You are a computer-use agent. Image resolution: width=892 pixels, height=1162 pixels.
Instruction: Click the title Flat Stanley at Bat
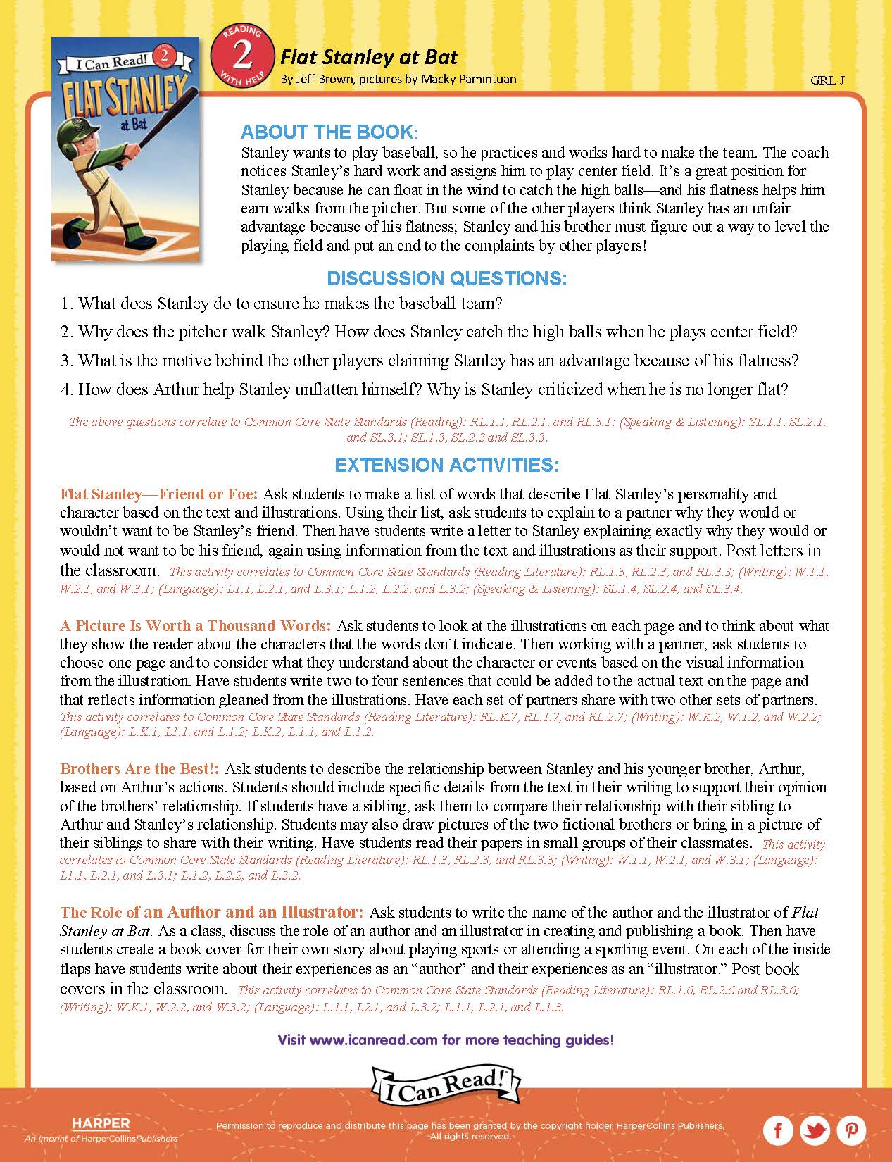[x=369, y=57]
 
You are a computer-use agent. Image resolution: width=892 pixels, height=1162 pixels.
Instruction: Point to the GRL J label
[x=827, y=80]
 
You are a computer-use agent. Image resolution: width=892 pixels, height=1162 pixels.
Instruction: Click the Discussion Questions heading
[x=446, y=279]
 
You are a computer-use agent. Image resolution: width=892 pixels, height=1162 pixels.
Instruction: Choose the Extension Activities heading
[x=446, y=466]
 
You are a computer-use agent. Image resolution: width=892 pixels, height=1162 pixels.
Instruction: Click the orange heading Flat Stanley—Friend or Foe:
[x=159, y=494]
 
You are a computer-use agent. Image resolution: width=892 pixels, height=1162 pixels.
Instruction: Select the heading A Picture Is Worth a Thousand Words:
[x=195, y=626]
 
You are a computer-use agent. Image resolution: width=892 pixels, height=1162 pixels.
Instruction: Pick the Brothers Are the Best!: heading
[x=140, y=769]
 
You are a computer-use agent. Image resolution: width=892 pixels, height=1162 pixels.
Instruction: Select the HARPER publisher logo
[x=101, y=1124]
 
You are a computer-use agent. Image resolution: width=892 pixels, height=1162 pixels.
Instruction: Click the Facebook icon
[x=779, y=1131]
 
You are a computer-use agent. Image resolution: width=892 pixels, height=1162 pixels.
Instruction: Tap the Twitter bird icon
[x=815, y=1131]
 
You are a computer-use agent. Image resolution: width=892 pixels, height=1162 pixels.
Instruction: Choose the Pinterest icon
[x=852, y=1131]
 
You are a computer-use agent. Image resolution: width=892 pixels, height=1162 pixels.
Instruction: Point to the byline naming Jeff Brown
[x=398, y=79]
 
